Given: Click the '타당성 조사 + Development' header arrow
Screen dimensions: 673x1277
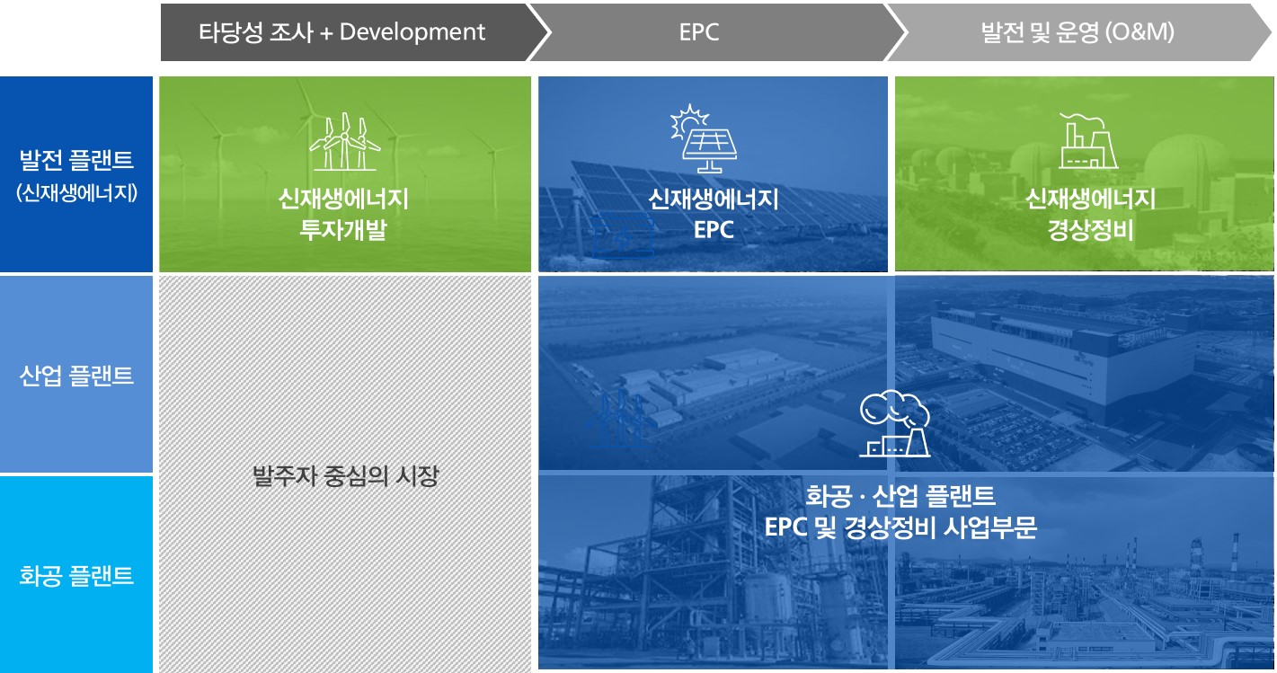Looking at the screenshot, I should (341, 32).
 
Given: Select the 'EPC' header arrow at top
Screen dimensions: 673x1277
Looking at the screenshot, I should (699, 32).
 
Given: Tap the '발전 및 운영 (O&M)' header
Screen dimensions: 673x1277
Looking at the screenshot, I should (1077, 32).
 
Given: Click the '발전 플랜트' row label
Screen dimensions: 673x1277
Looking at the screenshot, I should (76, 161).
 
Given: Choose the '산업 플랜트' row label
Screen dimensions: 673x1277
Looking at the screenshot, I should (76, 375).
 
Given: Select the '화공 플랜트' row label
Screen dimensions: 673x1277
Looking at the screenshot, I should (76, 575).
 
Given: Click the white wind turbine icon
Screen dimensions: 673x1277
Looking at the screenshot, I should (344, 144).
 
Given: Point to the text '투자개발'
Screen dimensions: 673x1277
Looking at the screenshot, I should (343, 230).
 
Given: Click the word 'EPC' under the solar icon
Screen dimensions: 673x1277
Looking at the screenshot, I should (714, 230).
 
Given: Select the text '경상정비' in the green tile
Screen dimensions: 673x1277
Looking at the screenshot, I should (1090, 230).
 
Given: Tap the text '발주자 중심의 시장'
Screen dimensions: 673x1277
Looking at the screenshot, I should (345, 475).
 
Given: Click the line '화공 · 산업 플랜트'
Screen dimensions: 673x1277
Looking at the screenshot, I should (900, 495).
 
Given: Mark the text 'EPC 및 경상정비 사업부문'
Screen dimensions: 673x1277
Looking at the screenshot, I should (900, 527).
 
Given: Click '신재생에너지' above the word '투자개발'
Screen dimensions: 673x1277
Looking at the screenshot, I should (343, 199).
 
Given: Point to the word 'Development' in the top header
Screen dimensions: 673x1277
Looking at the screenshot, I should (412, 32).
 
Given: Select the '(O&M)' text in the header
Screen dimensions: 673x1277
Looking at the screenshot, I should (1142, 32).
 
